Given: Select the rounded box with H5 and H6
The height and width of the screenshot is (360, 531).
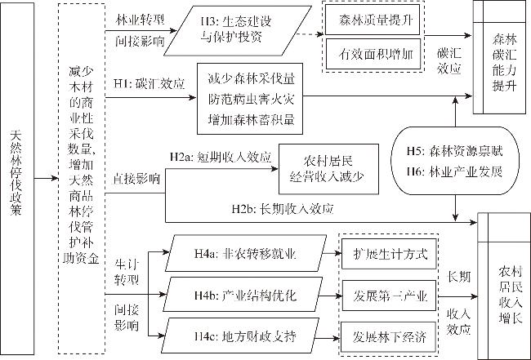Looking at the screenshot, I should click(453, 161).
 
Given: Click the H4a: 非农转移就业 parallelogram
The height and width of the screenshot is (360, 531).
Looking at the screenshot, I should click(245, 255).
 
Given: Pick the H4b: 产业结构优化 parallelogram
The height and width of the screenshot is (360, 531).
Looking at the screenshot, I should click(245, 295).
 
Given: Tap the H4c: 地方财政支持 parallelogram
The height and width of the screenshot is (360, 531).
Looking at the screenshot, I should click(245, 335).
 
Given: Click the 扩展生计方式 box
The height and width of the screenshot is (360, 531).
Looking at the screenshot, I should click(389, 255).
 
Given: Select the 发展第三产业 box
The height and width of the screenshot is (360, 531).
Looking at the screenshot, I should click(389, 295).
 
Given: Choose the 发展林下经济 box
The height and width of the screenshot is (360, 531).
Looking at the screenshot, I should click(389, 335).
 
